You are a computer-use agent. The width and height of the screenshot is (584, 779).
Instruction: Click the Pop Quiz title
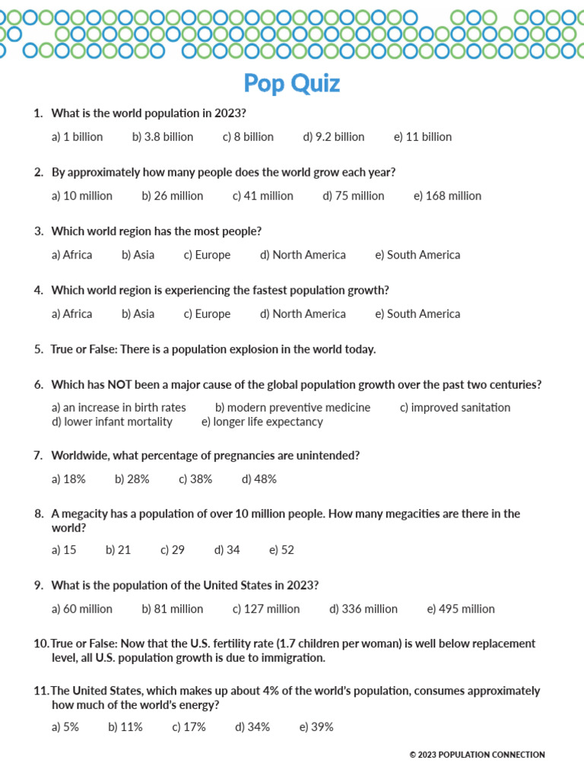pyautogui.click(x=292, y=83)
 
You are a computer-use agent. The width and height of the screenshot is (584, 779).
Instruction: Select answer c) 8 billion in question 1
pyautogui.click(x=248, y=137)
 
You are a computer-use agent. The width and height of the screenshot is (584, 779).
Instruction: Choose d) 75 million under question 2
pyautogui.click(x=354, y=196)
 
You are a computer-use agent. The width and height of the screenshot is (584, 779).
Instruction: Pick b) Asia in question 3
pyautogui.click(x=138, y=255)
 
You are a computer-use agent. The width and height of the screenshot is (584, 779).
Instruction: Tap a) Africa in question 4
pyautogui.click(x=71, y=313)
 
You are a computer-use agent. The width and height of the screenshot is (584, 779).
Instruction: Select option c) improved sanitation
pyautogui.click(x=455, y=407)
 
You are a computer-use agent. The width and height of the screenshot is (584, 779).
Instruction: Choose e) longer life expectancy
pyautogui.click(x=262, y=421)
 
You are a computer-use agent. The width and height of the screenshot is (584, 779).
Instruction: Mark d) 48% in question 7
pyautogui.click(x=259, y=479)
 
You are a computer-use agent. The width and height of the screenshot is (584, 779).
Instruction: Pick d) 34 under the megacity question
pyautogui.click(x=227, y=550)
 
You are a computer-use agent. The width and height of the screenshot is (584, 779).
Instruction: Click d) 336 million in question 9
pyautogui.click(x=363, y=609)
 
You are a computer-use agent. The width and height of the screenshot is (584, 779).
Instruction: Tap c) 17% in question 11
pyautogui.click(x=189, y=727)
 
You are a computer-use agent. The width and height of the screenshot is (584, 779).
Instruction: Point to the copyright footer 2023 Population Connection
pyautogui.click(x=477, y=755)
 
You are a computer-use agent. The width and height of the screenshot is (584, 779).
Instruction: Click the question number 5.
pyautogui.click(x=38, y=349)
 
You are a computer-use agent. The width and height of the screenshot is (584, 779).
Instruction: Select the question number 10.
pyautogui.click(x=40, y=644)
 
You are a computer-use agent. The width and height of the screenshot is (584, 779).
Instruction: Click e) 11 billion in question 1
pyautogui.click(x=423, y=137)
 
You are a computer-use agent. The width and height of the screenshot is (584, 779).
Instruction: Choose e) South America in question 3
pyautogui.click(x=417, y=255)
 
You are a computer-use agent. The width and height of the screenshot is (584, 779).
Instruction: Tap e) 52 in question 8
pyautogui.click(x=281, y=550)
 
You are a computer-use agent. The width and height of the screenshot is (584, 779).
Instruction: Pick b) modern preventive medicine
pyautogui.click(x=293, y=407)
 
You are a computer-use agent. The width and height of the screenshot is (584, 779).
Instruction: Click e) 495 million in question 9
pyautogui.click(x=461, y=609)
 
